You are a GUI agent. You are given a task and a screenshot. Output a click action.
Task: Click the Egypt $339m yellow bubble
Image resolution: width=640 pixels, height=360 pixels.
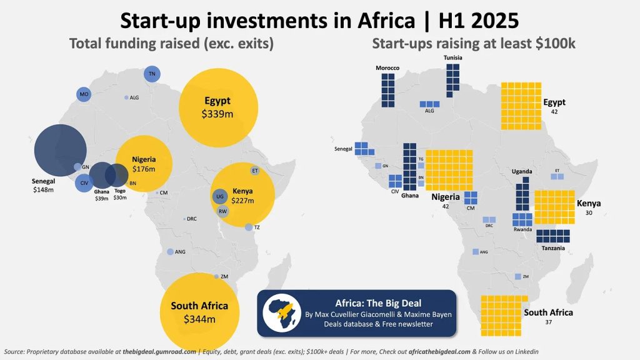tap(217, 107)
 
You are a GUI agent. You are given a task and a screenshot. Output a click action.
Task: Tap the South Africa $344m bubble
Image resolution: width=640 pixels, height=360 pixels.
tap(199, 311)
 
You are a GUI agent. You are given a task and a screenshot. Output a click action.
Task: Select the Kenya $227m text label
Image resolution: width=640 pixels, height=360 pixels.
tap(242, 196)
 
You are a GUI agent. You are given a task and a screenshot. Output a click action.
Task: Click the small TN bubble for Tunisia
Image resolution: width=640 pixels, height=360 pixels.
tap(151, 74)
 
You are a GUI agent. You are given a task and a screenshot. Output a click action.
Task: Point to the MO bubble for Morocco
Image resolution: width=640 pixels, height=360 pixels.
tap(84, 94)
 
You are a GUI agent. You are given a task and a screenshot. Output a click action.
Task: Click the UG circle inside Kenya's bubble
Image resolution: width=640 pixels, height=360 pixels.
tap(219, 196)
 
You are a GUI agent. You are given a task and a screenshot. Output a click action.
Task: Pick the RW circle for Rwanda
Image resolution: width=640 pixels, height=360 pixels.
tap(222, 211)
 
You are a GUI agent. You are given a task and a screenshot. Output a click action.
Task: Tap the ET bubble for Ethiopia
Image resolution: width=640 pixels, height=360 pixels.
tap(255, 170)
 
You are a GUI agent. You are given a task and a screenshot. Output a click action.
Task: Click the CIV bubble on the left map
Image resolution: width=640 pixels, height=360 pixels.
tap(84, 183)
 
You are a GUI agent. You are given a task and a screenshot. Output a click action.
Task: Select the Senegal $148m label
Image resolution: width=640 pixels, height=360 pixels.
tap(44, 185)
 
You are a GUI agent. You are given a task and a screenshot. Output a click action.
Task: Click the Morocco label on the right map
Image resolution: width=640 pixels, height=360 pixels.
tap(387, 67)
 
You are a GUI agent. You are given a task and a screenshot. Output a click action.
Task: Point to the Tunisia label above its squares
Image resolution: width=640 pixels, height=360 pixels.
tap(453, 58)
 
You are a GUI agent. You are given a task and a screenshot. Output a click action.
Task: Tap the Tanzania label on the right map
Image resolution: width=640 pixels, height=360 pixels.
tap(553, 248)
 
